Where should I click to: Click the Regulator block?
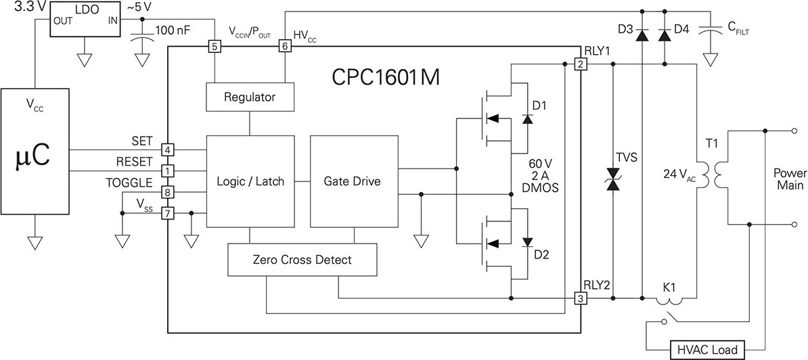(250, 96)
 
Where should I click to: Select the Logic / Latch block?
(250, 181)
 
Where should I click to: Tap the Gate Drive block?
(353, 181)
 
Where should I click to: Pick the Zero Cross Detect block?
(302, 260)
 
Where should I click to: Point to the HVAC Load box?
(707, 349)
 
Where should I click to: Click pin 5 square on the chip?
(215, 47)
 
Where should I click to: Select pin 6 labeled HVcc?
(284, 47)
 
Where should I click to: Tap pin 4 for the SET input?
(167, 150)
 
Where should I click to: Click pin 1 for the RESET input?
(167, 170)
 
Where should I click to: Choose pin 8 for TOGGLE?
(167, 192)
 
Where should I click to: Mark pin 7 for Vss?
(167, 212)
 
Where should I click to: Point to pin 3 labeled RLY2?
(581, 298)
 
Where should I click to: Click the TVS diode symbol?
(612, 179)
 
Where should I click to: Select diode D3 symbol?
(642, 35)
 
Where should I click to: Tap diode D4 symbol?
(665, 35)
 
